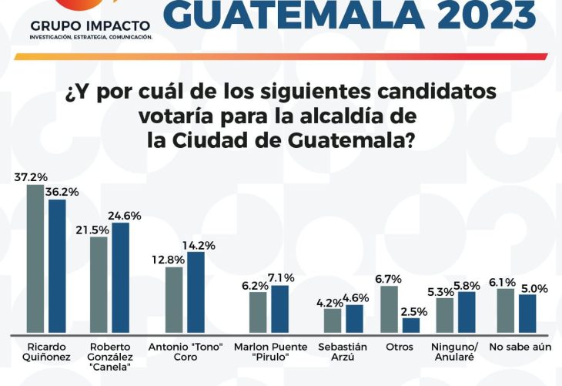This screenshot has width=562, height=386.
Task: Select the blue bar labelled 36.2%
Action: tap(57, 266)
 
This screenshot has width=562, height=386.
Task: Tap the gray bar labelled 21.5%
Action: tap(99, 285)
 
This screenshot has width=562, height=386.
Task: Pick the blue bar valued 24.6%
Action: tap(120, 277)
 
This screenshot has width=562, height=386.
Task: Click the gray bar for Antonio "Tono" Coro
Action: tap(174, 300)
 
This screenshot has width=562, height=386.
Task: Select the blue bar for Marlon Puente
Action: tap(279, 309)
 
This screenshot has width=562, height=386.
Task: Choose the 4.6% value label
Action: tap(354, 297)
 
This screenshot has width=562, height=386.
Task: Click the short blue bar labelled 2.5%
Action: tap(411, 325)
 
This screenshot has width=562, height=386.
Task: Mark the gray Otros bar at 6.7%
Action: tap(390, 309)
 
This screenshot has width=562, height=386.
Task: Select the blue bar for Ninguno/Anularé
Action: tap(467, 312)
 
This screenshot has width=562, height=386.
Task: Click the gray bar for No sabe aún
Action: tap(505, 310)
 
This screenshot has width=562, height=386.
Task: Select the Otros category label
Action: tap(400, 347)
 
